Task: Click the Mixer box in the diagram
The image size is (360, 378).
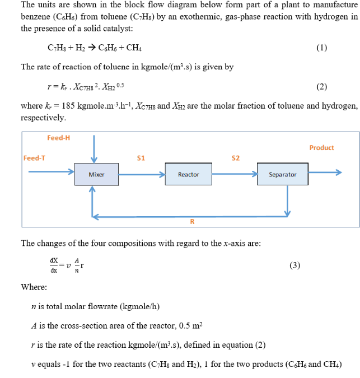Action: click(x=96, y=175)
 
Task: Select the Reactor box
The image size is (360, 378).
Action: click(x=189, y=175)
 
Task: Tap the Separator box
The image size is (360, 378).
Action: click(x=282, y=175)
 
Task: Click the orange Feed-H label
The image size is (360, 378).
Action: click(x=58, y=138)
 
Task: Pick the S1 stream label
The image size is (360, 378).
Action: click(x=141, y=158)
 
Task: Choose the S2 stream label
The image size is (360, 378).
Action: click(x=236, y=158)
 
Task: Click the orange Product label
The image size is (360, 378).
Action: click(x=321, y=148)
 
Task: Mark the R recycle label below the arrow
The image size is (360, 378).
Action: click(x=192, y=222)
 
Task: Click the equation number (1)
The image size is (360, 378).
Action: click(x=321, y=48)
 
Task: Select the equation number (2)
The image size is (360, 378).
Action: click(x=321, y=86)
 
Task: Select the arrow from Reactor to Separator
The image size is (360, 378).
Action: click(x=236, y=175)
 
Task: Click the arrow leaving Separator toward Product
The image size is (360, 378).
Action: click(x=325, y=175)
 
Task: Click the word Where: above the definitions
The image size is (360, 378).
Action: click(x=34, y=287)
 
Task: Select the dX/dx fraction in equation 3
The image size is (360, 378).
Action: click(x=54, y=265)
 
